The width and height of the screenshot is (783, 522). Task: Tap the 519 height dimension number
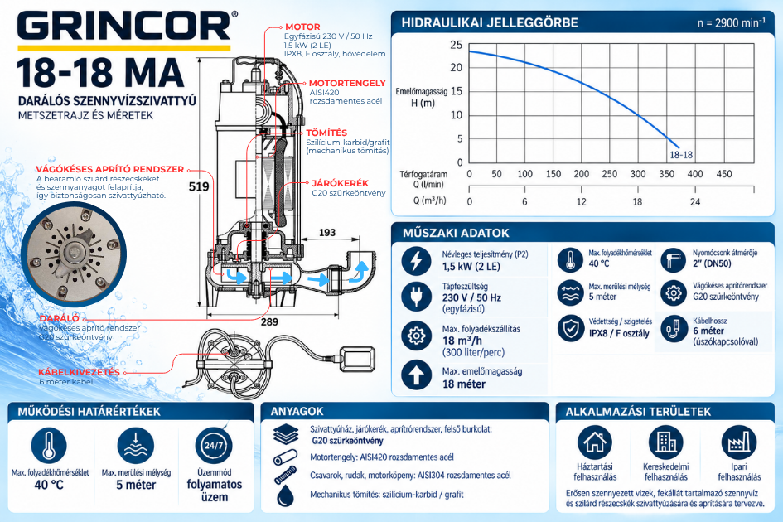[198, 186]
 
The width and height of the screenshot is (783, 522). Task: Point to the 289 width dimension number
[269, 322]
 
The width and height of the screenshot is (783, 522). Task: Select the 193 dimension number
[327, 233]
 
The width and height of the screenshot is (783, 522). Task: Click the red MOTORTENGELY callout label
[347, 84]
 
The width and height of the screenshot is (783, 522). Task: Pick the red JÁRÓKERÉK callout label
[340, 183]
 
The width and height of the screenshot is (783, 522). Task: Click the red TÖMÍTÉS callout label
[326, 133]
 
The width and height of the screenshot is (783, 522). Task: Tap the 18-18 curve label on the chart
[681, 155]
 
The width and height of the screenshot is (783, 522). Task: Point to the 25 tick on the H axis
[457, 45]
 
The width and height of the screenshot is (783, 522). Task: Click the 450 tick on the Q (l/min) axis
[724, 174]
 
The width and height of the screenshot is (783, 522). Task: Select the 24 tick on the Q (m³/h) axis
[695, 202]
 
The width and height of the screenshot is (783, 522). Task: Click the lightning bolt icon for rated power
[416, 261]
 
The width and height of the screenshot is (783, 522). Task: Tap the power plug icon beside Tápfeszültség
[416, 297]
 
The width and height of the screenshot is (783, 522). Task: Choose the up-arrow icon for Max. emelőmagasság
[416, 375]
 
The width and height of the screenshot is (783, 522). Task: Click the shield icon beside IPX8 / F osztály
[571, 328]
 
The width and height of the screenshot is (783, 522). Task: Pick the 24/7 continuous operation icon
[214, 445]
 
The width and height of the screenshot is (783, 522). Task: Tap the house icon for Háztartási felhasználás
[595, 442]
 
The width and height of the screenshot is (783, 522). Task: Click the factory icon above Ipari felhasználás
[739, 442]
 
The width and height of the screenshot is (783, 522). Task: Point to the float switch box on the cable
[358, 359]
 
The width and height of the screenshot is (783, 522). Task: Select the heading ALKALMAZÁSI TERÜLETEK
[638, 412]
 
